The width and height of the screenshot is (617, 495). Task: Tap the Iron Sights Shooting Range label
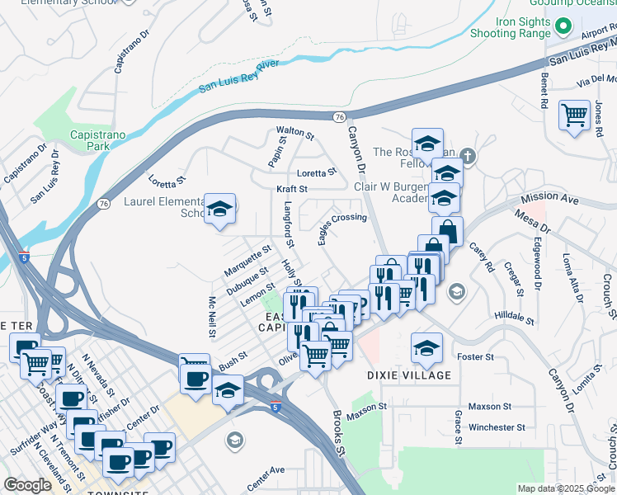coord(510,27)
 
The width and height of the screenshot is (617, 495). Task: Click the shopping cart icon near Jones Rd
coord(574,115)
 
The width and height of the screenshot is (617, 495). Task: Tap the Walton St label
coord(295,131)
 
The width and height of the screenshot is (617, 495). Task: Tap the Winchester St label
coord(497,427)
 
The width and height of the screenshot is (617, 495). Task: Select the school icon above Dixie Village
coord(426,348)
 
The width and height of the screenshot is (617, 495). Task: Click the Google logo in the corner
coord(27,485)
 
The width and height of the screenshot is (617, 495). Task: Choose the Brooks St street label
coord(339,432)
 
